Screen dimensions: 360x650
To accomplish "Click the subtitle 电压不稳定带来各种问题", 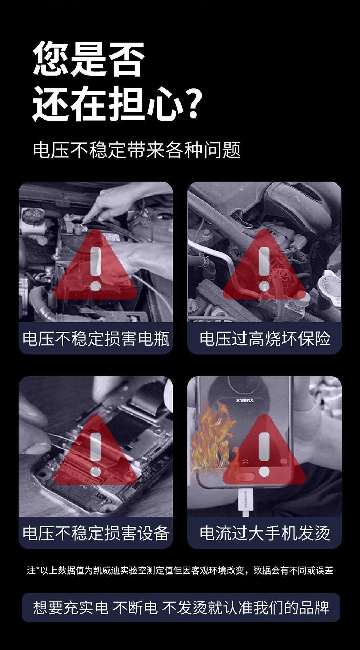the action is [136, 150].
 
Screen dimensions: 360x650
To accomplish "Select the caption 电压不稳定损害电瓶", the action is [96, 339].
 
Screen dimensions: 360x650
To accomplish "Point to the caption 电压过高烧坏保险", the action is [265, 339].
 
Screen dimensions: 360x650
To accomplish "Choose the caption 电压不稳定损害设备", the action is [96, 533].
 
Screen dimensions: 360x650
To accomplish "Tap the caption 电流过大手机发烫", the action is [265, 533].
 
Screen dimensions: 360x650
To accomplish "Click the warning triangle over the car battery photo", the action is [96, 265].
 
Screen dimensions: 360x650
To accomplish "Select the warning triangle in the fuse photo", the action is [264, 265].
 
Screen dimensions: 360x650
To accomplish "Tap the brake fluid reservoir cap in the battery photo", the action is [33, 215].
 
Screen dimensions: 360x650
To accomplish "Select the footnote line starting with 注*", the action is [180, 570].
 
